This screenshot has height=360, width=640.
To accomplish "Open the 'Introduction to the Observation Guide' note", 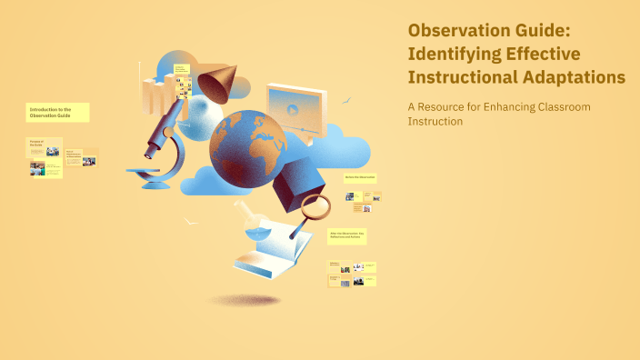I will [58, 112].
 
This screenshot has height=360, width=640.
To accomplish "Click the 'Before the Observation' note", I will [360, 177].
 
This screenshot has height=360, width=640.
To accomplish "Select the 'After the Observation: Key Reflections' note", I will [347, 235].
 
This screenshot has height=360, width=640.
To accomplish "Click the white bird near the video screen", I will [346, 100].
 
